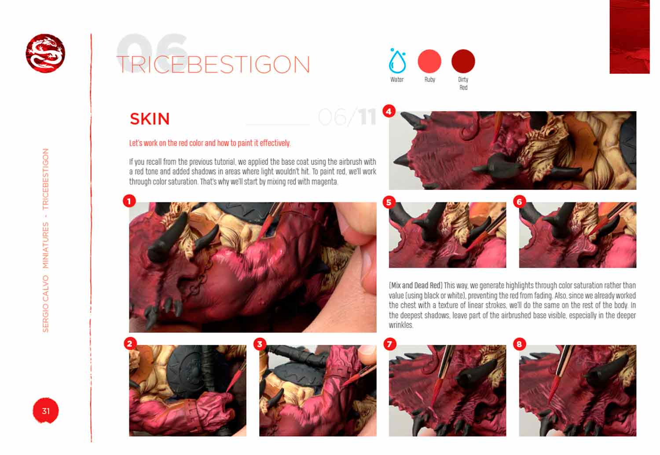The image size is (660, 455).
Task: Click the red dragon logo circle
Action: (x=45, y=53)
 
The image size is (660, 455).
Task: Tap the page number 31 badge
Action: (x=45, y=411)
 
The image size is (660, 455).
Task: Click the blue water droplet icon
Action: (x=397, y=61)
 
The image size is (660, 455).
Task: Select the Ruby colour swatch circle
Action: (x=429, y=61)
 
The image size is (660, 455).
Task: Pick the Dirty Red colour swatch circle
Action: (x=463, y=61)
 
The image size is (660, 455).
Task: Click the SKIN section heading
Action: (x=150, y=119)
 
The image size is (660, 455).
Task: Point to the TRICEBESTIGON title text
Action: (x=213, y=65)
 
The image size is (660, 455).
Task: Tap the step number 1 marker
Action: (x=129, y=201)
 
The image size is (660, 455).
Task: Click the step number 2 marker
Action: (x=129, y=343)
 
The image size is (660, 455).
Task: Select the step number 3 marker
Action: (x=260, y=344)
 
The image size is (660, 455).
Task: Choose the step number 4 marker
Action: (x=388, y=111)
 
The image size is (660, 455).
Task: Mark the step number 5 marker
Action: (x=388, y=202)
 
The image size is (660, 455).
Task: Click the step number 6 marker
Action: (x=519, y=202)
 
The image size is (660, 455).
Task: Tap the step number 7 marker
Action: (x=389, y=344)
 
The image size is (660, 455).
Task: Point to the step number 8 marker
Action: (x=519, y=344)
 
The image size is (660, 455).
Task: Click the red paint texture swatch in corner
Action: (x=629, y=37)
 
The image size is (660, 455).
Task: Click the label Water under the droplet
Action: (x=397, y=80)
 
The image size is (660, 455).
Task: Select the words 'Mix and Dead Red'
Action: (x=416, y=285)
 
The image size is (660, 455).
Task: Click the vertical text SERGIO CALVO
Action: (x=46, y=303)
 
